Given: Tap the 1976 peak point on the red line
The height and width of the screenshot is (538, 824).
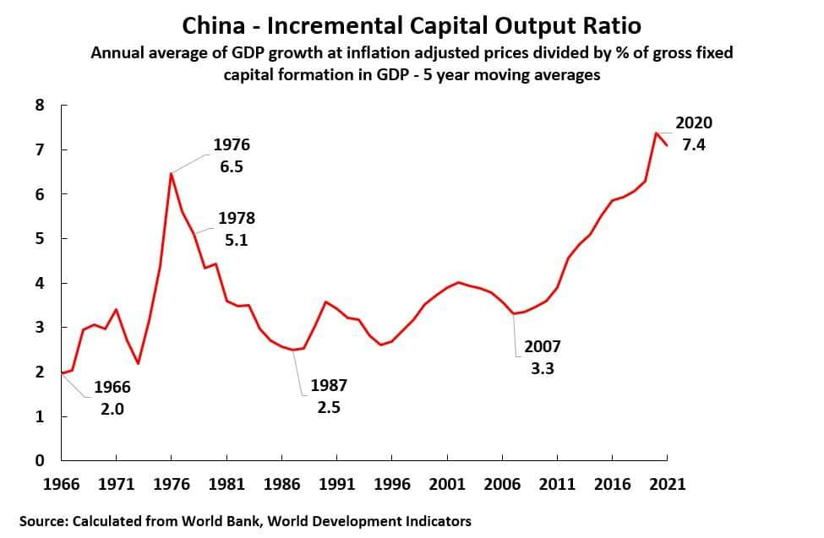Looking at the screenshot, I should point(172,173).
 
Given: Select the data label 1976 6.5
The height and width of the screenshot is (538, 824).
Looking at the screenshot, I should point(231,155).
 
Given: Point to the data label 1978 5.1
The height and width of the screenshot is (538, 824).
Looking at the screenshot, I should point(236,229).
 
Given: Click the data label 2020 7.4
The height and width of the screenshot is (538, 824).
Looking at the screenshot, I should point(694,133).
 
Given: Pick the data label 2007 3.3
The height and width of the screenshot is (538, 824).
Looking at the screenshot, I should point(542,357).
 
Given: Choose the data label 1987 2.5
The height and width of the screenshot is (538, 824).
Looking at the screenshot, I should point(329,396).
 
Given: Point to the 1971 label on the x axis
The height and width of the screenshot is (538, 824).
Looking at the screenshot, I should point(116,485).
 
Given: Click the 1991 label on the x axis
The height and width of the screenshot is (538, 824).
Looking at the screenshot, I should point(336,485).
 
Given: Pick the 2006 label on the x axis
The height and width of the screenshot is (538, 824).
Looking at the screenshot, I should point(502,485).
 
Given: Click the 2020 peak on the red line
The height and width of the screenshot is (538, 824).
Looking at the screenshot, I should point(657,133).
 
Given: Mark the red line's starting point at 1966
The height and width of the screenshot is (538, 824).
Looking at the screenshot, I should point(62,372).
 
